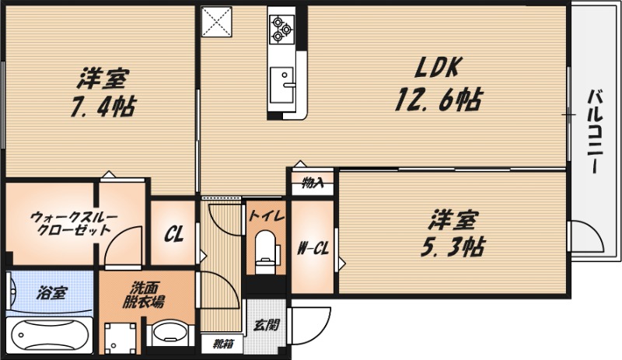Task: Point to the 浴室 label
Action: [52, 293]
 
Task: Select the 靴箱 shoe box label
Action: [222, 343]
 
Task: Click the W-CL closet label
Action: [313, 249]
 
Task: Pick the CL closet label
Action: [174, 234]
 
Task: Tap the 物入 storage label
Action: [313, 184]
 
